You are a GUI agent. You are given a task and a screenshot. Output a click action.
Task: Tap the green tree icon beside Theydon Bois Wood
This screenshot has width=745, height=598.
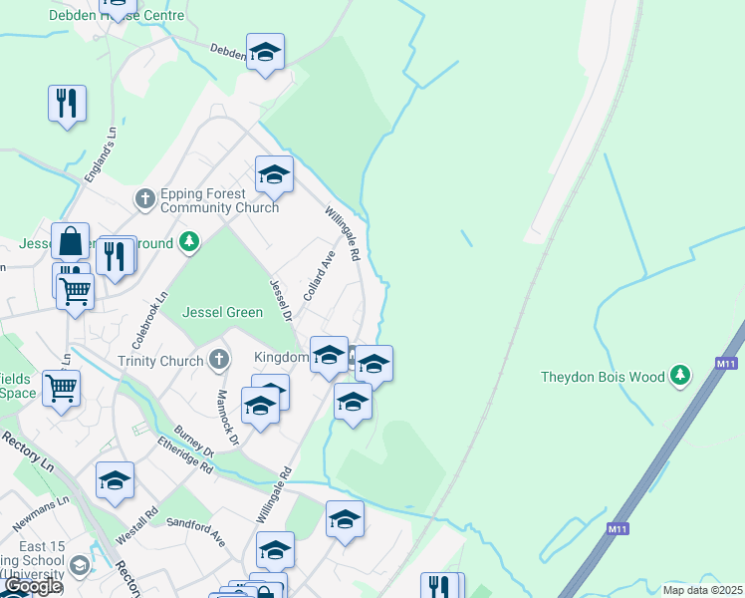[680, 375]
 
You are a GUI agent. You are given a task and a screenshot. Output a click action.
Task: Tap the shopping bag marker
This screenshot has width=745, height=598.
[71, 241]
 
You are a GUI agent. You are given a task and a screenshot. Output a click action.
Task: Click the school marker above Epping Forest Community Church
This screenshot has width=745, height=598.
[274, 175]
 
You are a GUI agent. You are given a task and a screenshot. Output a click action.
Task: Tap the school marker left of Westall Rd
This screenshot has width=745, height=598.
[115, 480]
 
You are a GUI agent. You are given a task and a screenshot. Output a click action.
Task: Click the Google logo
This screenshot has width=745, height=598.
[32, 586]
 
